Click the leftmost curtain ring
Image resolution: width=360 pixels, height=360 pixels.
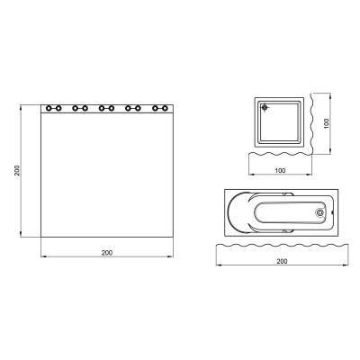click(x=49, y=108)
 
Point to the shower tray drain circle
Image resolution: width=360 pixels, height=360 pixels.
click(x=265, y=109)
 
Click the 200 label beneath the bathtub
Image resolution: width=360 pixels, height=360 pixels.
click(x=282, y=261)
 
